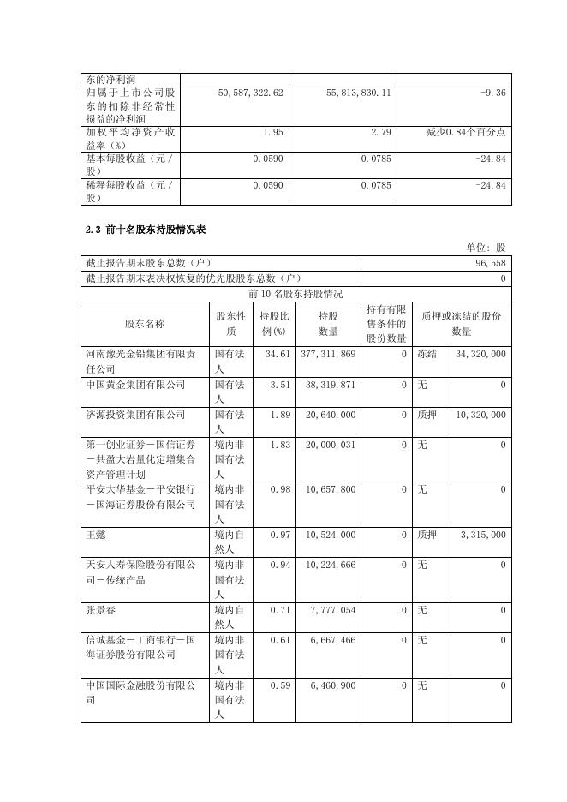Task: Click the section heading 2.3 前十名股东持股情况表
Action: [x=145, y=230]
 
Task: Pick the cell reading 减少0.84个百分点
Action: [x=465, y=132]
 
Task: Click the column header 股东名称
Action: [x=145, y=324]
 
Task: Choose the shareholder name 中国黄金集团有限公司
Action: [x=135, y=385]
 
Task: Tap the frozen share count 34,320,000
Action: [x=481, y=354]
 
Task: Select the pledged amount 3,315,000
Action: [x=483, y=535]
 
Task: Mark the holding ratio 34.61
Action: [x=278, y=354]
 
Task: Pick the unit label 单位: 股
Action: [x=486, y=247]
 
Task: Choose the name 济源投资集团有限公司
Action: [x=135, y=415]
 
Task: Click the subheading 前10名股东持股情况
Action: [x=295, y=294]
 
